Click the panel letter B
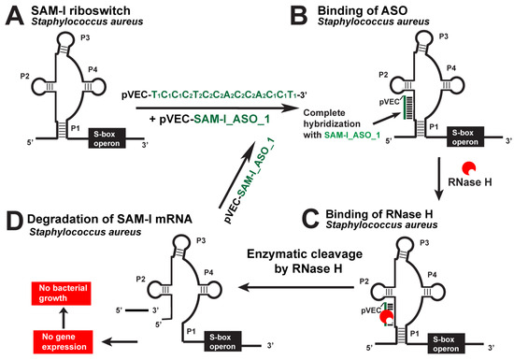[267, 15]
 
